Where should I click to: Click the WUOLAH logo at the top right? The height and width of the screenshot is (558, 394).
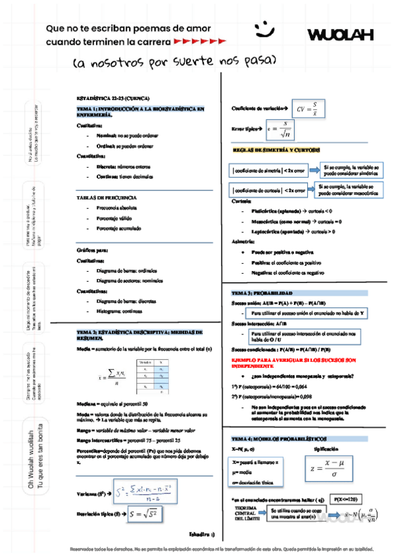click(340, 34)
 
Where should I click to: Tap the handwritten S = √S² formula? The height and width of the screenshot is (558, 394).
click(145, 513)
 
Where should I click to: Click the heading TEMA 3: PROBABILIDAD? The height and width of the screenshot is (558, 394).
click(259, 292)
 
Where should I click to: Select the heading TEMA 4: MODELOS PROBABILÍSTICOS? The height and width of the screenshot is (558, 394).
click(272, 438)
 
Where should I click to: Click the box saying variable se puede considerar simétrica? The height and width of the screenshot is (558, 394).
click(350, 171)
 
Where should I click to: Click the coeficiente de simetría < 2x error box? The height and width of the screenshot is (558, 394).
click(269, 171)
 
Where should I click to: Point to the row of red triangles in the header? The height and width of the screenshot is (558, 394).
click(203, 41)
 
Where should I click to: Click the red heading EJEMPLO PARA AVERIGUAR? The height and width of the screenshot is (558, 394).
click(293, 363)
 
